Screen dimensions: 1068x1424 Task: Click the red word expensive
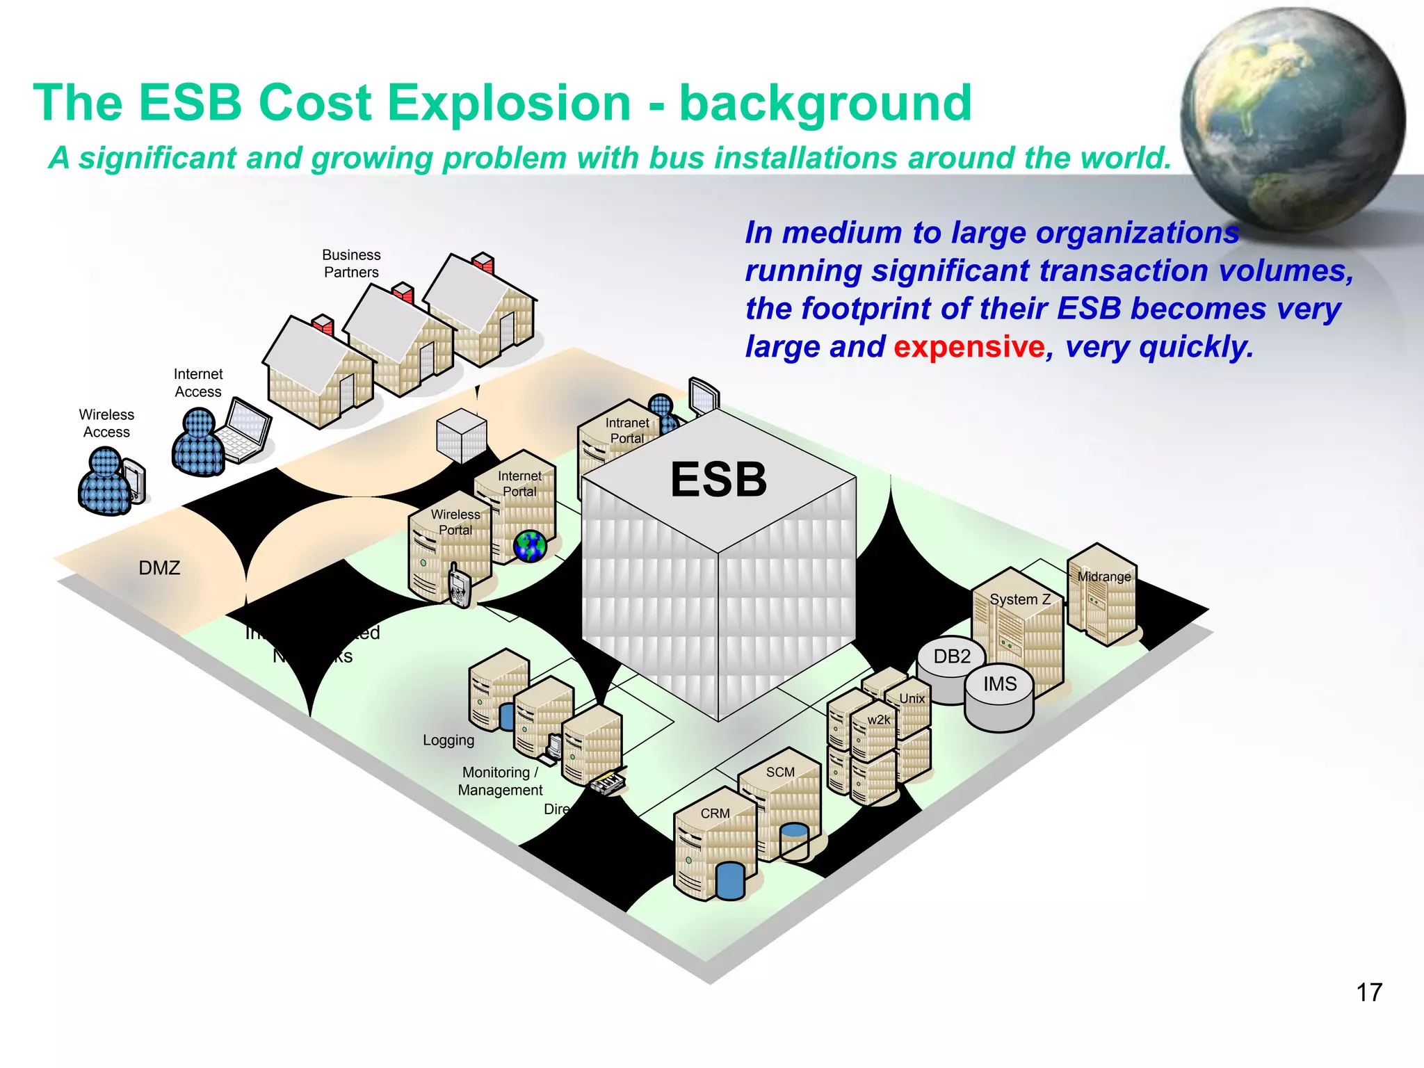point(969,346)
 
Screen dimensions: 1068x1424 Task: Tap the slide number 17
point(1368,992)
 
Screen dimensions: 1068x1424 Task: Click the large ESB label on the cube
point(718,480)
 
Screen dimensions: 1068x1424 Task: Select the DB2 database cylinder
point(950,665)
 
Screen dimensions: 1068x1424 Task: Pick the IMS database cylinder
point(1000,699)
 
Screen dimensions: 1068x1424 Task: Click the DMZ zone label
point(159,568)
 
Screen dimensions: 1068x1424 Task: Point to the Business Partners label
point(351,264)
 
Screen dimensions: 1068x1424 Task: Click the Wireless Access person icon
point(104,481)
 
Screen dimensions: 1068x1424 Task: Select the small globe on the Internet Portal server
point(530,546)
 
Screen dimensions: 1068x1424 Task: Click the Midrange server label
point(1103,576)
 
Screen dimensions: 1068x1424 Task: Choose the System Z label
point(1019,599)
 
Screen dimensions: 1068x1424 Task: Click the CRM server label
point(715,813)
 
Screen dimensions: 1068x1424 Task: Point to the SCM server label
point(779,772)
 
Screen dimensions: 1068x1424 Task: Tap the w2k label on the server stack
point(878,720)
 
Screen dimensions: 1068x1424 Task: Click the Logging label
point(448,740)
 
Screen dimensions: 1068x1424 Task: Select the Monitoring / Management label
point(500,781)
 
